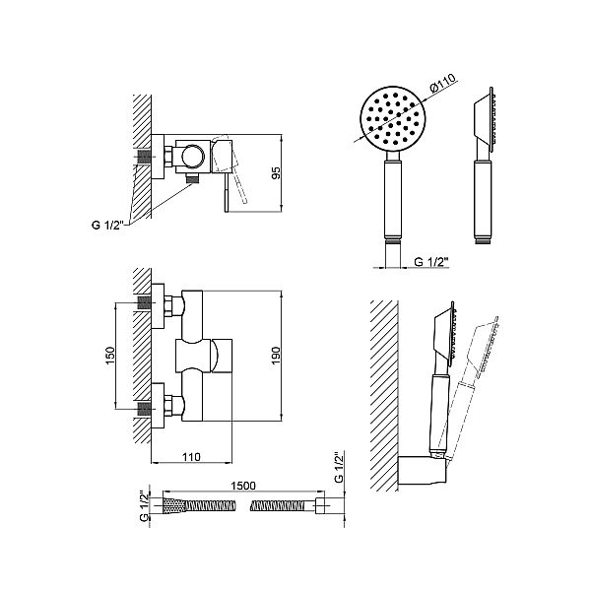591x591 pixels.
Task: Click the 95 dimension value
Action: pyautogui.click(x=276, y=172)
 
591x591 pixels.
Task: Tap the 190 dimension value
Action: pyautogui.click(x=276, y=355)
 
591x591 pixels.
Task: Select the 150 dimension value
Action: pyautogui.click(x=110, y=356)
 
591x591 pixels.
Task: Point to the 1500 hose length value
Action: pyautogui.click(x=243, y=486)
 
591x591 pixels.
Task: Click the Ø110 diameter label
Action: pyautogui.click(x=443, y=83)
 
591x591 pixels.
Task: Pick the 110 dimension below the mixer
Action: pyautogui.click(x=191, y=457)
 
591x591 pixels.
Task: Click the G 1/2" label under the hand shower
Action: pyautogui.click(x=431, y=262)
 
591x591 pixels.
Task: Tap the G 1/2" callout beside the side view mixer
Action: pyautogui.click(x=107, y=225)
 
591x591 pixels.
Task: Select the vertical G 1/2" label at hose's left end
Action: pyautogui.click(x=145, y=506)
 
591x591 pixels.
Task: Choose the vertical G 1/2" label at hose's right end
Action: pyautogui.click(x=339, y=467)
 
